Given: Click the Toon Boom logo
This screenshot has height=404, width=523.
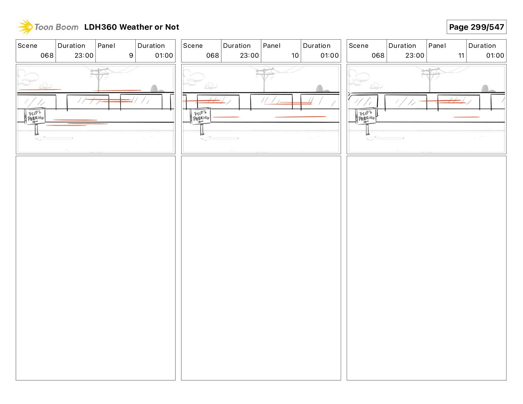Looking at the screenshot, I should (x=48, y=27).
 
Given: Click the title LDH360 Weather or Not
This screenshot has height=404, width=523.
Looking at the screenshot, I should (x=131, y=27).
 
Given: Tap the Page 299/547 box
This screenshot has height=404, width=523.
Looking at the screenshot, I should (x=476, y=27).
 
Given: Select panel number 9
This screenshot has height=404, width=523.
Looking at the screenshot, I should (x=131, y=55).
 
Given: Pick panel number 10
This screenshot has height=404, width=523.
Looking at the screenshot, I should (x=295, y=55).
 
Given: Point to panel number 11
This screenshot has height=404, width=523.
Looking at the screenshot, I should (x=461, y=55).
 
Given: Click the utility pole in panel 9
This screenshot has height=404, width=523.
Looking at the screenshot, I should (x=98, y=79).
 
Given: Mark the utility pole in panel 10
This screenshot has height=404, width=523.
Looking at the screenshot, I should (x=264, y=79).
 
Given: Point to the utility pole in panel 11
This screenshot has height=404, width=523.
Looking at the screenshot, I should (x=430, y=79).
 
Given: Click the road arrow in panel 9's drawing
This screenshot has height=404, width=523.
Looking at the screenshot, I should (x=54, y=138).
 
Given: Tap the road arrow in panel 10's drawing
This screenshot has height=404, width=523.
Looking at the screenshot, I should (x=220, y=138).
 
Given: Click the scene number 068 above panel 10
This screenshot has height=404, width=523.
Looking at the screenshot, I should (x=212, y=55).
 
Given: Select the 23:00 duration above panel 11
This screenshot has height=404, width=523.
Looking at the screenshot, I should (x=415, y=55).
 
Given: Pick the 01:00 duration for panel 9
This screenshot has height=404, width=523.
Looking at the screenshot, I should (x=164, y=55).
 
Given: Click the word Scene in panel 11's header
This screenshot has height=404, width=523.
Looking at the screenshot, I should (x=358, y=46).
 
